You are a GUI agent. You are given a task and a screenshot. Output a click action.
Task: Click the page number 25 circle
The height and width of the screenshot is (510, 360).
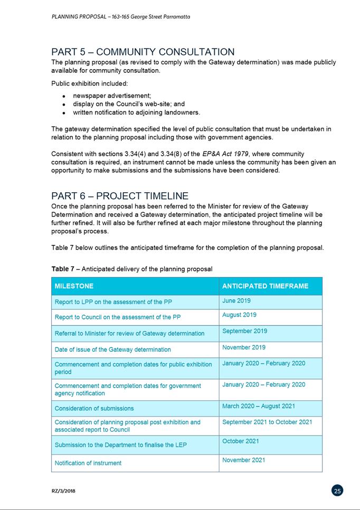point(338,490)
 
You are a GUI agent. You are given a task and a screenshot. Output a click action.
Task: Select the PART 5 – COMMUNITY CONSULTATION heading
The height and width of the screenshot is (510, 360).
point(143,52)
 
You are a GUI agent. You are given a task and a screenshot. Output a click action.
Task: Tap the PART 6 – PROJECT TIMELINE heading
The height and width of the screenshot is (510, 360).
point(120,196)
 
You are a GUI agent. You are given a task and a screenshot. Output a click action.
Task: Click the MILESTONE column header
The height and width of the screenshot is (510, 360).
point(74,286)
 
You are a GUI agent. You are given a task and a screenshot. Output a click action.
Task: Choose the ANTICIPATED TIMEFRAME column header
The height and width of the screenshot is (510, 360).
point(265,286)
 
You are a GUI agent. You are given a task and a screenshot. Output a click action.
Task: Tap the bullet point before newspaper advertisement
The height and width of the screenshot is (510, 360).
point(63,97)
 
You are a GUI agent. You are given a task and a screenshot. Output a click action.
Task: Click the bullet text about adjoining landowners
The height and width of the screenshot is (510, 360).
point(136,112)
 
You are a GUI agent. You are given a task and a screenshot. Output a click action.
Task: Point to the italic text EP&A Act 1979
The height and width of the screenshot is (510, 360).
point(227,154)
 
